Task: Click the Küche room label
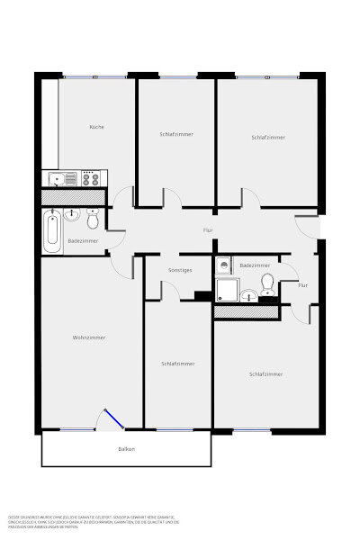click(x=96, y=127)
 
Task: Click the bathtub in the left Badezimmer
click(x=52, y=231)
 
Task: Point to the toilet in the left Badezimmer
click(x=92, y=220)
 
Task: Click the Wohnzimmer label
click(x=89, y=337)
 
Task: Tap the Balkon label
click(x=126, y=448)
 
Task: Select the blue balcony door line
click(x=114, y=420)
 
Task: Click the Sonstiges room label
click(x=181, y=269)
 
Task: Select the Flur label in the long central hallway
click(x=208, y=231)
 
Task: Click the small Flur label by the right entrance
click(x=302, y=284)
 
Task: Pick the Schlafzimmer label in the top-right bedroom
click(x=268, y=137)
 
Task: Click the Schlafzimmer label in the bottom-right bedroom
click(x=265, y=373)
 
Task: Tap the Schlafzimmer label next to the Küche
click(x=176, y=133)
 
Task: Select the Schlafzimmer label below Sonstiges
click(x=177, y=364)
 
